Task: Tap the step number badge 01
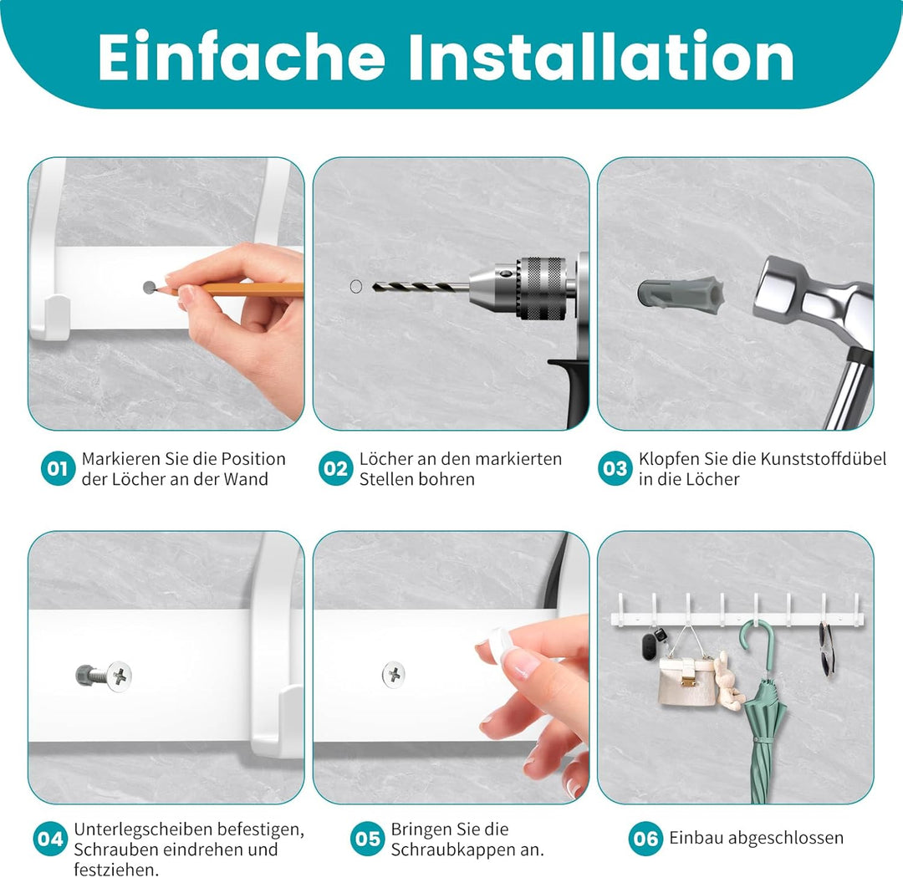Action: (x=57, y=469)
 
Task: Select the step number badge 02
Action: (x=335, y=469)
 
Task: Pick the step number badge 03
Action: (x=615, y=469)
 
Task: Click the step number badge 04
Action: (x=51, y=839)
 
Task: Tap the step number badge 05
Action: (x=367, y=839)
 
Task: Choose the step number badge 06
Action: (x=645, y=838)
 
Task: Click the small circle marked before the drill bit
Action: (x=355, y=287)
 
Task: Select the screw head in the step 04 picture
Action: (x=120, y=674)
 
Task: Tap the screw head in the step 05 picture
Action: (x=394, y=673)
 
